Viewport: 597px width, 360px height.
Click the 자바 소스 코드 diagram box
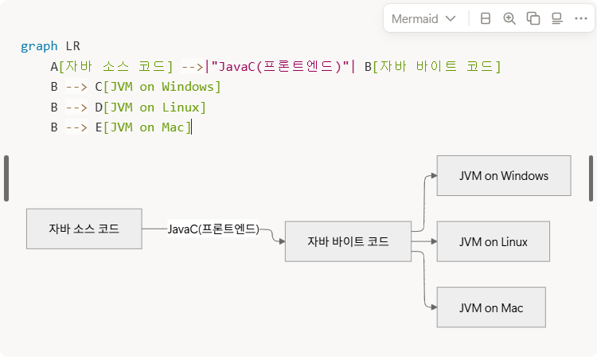[84, 229]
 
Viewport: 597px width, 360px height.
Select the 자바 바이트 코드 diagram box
[348, 241]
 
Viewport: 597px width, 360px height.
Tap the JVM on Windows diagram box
[503, 176]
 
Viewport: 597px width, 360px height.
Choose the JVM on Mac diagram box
[490, 307]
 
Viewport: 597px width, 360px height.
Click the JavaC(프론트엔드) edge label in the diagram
[213, 229]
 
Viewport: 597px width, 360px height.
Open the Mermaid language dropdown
[423, 19]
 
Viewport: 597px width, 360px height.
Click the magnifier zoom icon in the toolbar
[509, 19]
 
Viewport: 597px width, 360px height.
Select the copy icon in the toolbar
[533, 19]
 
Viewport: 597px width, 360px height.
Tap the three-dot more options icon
[580, 19]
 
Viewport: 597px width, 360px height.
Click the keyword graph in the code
[39, 46]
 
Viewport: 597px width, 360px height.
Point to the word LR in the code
[72, 46]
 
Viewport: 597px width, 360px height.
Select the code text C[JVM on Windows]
[158, 87]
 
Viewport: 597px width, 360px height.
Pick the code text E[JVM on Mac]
[142, 127]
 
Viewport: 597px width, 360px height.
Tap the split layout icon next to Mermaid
[486, 19]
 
